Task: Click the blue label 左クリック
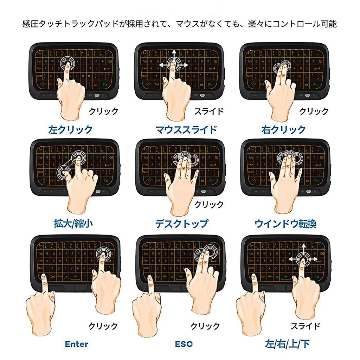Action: point(70,130)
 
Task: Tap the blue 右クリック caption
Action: point(284,130)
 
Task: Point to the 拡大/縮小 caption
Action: point(71,224)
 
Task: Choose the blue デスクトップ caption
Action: point(181,224)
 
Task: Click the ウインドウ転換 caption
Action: point(285,224)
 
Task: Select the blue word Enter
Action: point(77,344)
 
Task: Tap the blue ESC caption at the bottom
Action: point(184,344)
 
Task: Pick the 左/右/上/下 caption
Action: point(288,344)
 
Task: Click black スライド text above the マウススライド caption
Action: point(209,112)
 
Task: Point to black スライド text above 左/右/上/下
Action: point(305,326)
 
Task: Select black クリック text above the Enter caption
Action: point(103,326)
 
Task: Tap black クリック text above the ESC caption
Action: point(205,326)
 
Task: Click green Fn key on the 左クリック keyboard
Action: point(105,85)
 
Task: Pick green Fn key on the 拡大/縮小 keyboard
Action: point(106,181)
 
